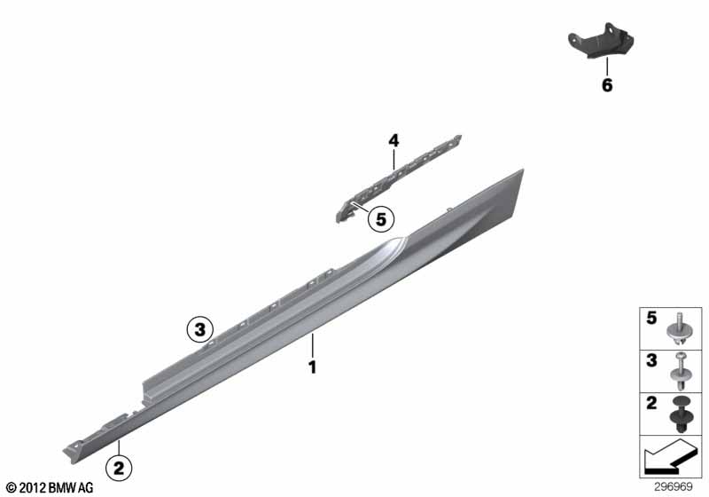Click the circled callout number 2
pyautogui.click(x=119, y=468)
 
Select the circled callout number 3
pyautogui.click(x=200, y=329)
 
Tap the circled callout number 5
pyautogui.click(x=381, y=219)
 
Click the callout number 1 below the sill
pyautogui.click(x=313, y=367)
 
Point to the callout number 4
pyautogui.click(x=393, y=141)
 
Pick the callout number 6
pyautogui.click(x=607, y=84)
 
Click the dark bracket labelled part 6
pyautogui.click(x=601, y=40)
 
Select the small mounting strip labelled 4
pyautogui.click(x=398, y=177)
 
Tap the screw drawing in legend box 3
pyautogui.click(x=682, y=372)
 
